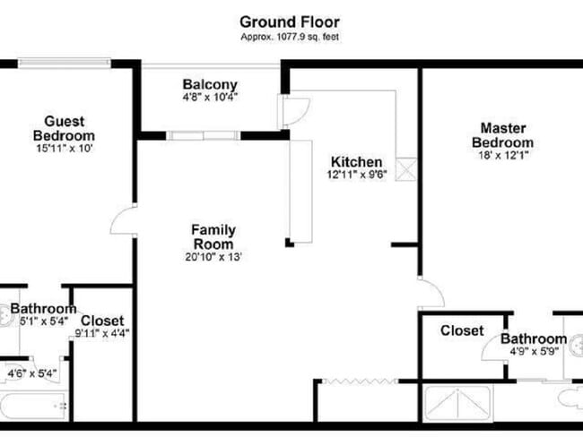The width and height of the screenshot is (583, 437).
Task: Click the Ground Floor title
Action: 291,21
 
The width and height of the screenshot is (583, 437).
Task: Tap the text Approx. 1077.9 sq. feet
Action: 291,37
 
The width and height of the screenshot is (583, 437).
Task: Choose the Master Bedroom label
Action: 507,135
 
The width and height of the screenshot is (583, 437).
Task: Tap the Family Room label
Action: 213,236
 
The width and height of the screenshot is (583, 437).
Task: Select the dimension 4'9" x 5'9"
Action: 533,353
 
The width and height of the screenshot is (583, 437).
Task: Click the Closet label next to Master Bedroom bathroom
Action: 462,331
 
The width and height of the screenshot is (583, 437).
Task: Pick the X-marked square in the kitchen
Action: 409,170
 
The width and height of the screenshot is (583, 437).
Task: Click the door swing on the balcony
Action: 293,111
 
